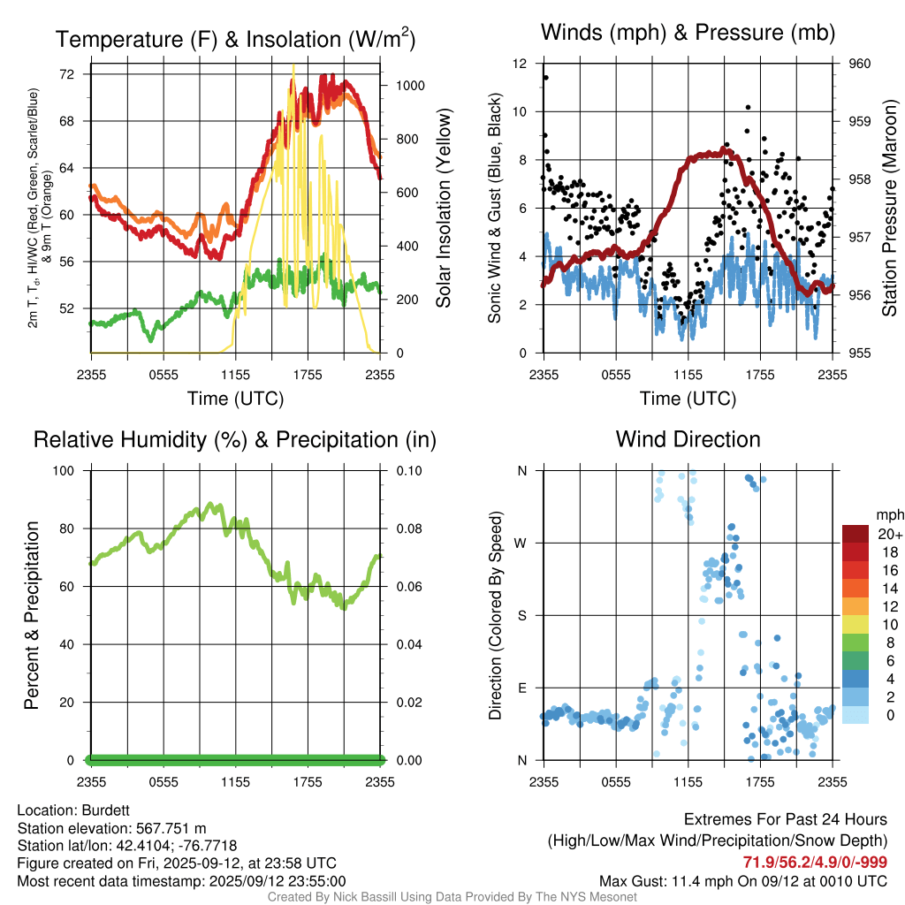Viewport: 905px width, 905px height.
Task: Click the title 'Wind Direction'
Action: point(688,439)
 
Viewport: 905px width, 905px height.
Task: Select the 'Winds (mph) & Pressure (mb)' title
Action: point(688,33)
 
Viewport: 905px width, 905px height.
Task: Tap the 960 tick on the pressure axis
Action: point(859,64)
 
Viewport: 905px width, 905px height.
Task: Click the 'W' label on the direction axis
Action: point(521,543)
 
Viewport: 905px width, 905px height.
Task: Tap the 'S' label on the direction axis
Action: point(522,615)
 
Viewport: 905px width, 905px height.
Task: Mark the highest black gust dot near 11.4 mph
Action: point(546,78)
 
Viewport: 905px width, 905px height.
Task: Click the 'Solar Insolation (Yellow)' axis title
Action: point(444,209)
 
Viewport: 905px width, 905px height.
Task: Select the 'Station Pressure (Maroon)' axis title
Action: point(889,209)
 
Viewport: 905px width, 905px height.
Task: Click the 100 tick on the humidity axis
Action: point(66,470)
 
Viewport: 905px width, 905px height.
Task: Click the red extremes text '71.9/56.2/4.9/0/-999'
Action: point(815,863)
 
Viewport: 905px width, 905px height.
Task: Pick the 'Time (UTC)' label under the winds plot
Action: point(688,399)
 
